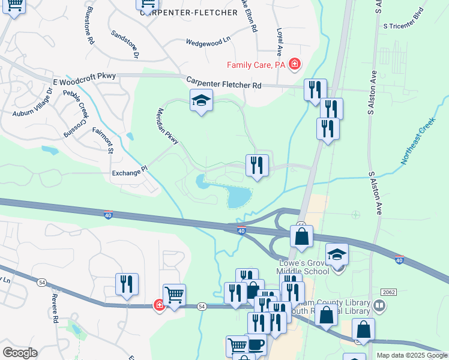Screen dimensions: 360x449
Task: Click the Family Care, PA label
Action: (x=256, y=65)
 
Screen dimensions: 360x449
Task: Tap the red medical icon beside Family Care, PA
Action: (x=294, y=64)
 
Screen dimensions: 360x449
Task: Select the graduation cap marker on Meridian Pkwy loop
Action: (x=202, y=100)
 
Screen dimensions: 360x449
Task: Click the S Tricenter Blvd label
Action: (x=407, y=26)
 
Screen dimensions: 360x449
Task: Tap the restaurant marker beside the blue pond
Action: (x=257, y=166)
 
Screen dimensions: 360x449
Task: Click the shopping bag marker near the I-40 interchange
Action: (x=301, y=235)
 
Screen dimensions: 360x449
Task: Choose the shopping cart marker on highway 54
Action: (x=174, y=295)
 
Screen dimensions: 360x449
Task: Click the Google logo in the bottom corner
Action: (x=20, y=353)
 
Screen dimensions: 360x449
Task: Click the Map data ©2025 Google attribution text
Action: (x=411, y=355)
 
